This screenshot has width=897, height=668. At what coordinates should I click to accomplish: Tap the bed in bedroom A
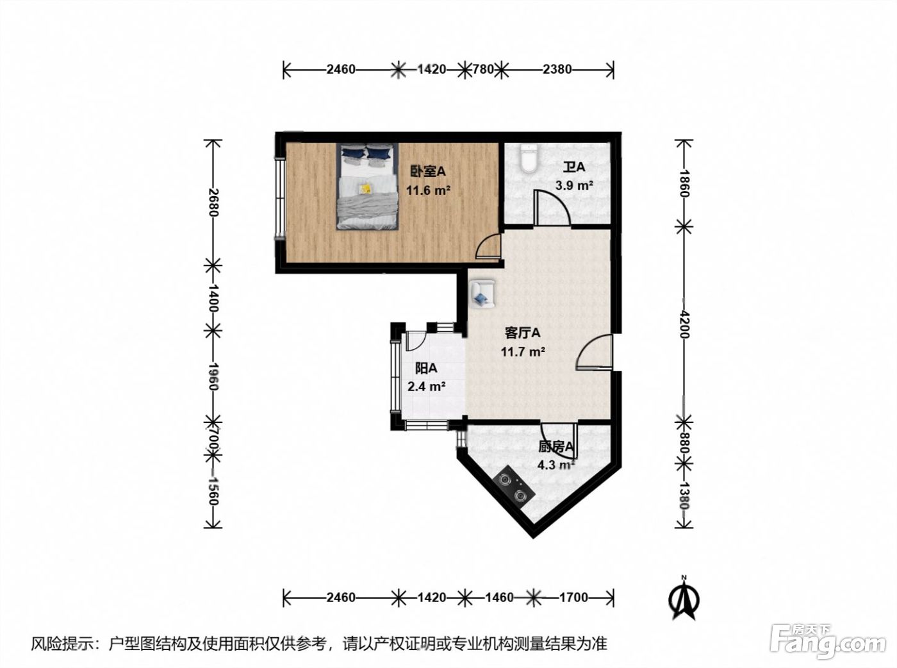coord(366,186)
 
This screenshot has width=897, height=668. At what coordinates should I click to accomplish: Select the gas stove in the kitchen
coord(512,488)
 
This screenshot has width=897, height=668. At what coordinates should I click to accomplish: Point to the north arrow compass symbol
coord(684,599)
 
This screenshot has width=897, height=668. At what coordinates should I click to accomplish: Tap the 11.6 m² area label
coord(428,190)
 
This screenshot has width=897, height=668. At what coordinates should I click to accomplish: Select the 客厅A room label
coord(523,333)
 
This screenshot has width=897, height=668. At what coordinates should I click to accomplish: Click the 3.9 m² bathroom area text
coord(574,185)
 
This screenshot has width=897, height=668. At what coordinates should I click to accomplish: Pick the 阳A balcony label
coord(426,368)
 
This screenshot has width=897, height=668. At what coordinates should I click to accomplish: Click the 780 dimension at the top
coord(483,69)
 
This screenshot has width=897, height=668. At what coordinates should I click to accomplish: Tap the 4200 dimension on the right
coord(684,324)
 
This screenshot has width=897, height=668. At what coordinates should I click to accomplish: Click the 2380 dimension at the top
coord(557,69)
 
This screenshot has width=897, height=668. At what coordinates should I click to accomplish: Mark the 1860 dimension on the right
coord(684,183)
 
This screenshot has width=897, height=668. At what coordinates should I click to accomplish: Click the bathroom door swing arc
coord(560,199)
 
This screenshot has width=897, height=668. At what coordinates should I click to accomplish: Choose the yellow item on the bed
coord(366,188)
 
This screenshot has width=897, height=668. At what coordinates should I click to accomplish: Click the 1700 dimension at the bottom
coord(573,597)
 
